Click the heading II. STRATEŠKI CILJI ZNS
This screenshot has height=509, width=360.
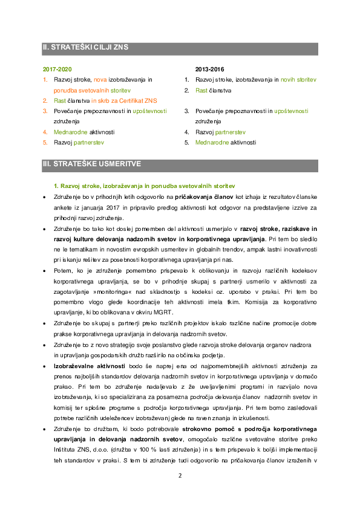pos(85,47)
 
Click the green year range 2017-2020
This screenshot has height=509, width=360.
pos(57,69)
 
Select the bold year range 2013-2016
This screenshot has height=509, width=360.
pos(209,69)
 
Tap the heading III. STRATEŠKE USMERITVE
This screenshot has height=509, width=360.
pos(92,164)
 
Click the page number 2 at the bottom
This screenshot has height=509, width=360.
pos(180,476)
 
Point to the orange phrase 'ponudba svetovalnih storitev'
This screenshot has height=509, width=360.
pos(93,90)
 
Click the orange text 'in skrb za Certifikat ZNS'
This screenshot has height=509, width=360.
pos(124,100)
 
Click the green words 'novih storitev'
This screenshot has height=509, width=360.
pos(298,80)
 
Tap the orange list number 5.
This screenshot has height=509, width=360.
pos(45,143)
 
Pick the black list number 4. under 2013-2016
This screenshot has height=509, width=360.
pos(187,132)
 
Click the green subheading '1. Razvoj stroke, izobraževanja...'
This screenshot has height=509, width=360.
pos(144,186)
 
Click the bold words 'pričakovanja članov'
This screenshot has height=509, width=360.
pos(204,197)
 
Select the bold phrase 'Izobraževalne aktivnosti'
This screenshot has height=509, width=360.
pos(90,366)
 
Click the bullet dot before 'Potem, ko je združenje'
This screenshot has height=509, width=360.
pos(45,271)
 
